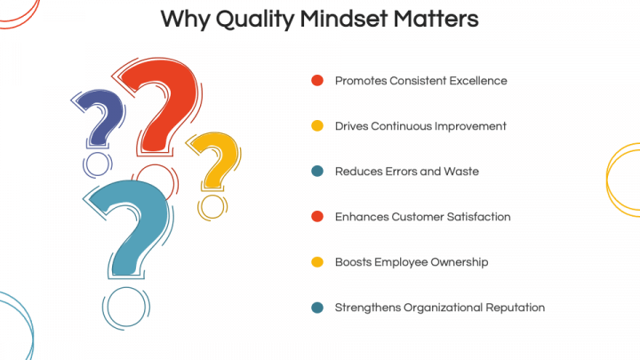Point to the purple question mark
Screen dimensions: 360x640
coord(99,116)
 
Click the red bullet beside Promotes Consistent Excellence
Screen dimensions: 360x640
coord(316,81)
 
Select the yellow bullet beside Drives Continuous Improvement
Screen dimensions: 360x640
coord(316,126)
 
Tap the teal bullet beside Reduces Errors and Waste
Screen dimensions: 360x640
coord(316,172)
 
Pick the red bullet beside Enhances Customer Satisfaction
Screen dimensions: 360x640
coord(316,217)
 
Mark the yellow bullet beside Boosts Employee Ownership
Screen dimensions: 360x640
coord(316,262)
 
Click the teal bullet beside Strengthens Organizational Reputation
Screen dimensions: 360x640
coord(316,308)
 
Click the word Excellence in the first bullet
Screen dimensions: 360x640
coord(477,81)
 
